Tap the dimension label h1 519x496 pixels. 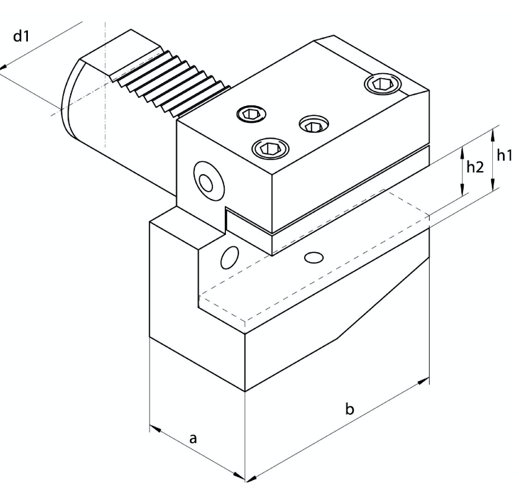point(505,155)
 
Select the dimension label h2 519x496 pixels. point(475,167)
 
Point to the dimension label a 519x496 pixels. point(193,439)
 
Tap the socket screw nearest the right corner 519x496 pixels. point(382,84)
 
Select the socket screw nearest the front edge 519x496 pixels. point(271,148)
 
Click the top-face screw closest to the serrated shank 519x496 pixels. point(251,114)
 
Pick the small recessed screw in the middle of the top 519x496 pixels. point(314,125)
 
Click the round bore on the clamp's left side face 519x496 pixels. point(209,181)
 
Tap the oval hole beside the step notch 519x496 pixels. point(229,257)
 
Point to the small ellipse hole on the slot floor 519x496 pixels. point(314,257)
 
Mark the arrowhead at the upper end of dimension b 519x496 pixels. point(423,381)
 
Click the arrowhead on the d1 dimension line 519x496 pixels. point(3,67)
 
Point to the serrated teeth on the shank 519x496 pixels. point(172,84)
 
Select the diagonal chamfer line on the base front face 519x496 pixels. point(383,298)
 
